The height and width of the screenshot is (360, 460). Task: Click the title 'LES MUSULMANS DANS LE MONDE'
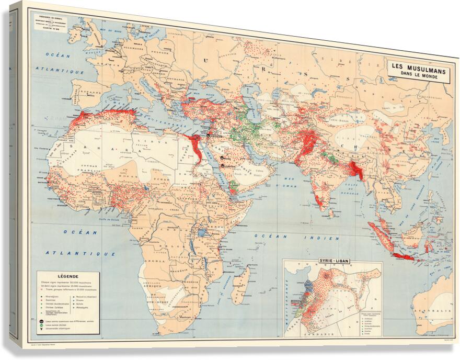pos(417,70)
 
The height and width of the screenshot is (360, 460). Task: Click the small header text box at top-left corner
pos(50,20)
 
